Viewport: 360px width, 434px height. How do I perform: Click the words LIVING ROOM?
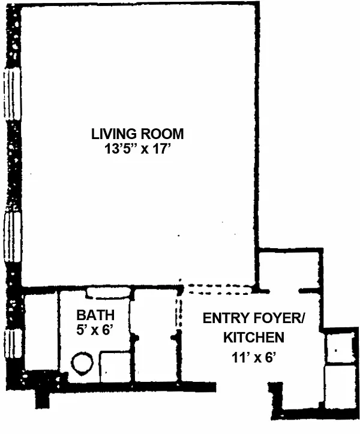click(x=137, y=134)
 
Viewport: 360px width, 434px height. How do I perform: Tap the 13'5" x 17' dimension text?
click(x=137, y=149)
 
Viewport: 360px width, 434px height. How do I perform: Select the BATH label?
click(x=95, y=315)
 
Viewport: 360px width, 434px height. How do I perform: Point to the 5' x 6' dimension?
click(x=95, y=330)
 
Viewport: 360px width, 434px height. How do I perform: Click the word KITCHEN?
click(x=254, y=337)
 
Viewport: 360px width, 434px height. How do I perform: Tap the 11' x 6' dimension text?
click(x=254, y=358)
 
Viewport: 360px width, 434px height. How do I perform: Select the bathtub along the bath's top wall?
click(x=108, y=293)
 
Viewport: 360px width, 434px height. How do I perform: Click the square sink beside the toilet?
click(x=115, y=367)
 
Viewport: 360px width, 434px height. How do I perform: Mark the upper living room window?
click(x=12, y=94)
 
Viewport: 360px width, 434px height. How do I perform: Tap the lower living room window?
click(x=12, y=237)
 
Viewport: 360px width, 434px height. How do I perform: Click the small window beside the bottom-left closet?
click(x=13, y=343)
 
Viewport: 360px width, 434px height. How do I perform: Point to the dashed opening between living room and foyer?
click(x=218, y=290)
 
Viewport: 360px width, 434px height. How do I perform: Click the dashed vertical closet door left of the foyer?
click(x=179, y=313)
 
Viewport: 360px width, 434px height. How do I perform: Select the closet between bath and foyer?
click(x=155, y=336)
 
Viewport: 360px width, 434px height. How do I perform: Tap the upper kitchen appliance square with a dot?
click(x=340, y=348)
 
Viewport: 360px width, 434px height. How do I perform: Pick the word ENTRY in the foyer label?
click(x=224, y=318)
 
